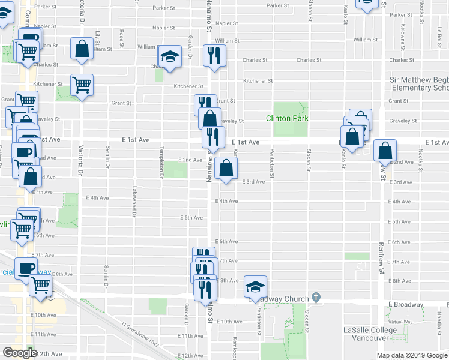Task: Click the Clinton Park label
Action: [x=287, y=118]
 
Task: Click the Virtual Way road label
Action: [x=400, y=322]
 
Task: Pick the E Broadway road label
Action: [x=405, y=305]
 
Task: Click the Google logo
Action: [x=20, y=353]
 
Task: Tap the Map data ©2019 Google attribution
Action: [x=411, y=355]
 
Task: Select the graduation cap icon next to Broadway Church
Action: [x=255, y=287]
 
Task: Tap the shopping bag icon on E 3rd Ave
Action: [x=226, y=169]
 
